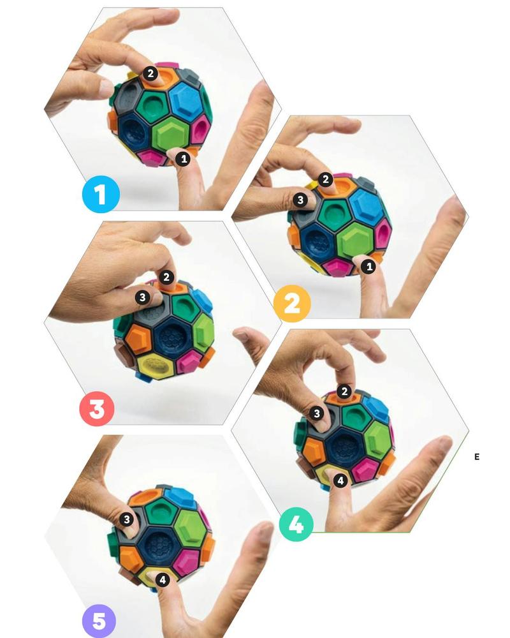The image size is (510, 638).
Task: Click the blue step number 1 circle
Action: [101, 194]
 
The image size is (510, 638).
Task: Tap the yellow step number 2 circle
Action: [291, 304]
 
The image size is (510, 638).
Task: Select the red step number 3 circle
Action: [97, 408]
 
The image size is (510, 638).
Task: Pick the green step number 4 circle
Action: [296, 524]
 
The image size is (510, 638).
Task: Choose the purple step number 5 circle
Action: [99, 621]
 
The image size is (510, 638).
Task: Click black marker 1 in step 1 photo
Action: [184, 158]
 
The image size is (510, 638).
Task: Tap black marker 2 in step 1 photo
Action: [150, 73]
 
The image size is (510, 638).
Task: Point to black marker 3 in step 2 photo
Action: [300, 200]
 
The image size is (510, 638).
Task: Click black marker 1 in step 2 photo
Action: [369, 267]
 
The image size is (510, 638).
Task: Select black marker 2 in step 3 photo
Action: [166, 278]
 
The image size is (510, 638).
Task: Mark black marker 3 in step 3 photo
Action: [142, 297]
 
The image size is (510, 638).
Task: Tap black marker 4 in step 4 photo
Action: [340, 480]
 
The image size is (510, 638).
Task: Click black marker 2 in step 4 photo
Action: [344, 392]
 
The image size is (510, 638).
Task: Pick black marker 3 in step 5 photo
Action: [127, 519]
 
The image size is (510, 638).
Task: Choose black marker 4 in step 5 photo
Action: [163, 579]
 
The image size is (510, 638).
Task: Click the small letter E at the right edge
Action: [477, 457]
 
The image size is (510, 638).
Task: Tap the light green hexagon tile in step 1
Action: [172, 133]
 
